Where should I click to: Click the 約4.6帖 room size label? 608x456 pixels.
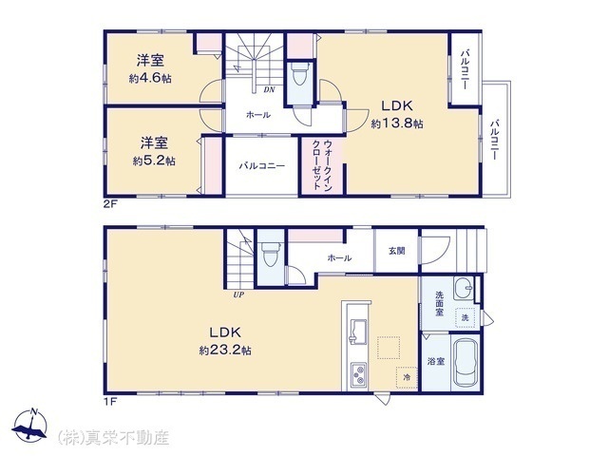(x=150, y=79)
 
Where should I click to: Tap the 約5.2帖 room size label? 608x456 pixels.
(x=154, y=161)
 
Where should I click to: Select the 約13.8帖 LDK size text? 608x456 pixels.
(x=397, y=123)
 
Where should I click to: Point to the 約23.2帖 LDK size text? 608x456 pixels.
(x=225, y=351)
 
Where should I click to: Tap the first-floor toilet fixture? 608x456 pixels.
(x=270, y=254)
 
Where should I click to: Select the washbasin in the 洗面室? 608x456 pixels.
(x=464, y=288)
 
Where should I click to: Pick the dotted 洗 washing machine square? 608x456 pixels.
(x=465, y=317)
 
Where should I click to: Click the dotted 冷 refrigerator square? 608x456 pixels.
(x=407, y=377)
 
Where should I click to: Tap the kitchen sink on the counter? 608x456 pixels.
(x=358, y=331)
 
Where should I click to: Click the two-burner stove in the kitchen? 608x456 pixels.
(x=359, y=373)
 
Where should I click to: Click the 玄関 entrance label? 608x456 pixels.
(x=397, y=251)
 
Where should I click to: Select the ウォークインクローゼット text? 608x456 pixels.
(x=322, y=164)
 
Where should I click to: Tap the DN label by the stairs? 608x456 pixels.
(x=269, y=89)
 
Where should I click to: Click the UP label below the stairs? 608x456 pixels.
(x=238, y=294)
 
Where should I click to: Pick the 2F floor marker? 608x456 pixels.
(x=110, y=204)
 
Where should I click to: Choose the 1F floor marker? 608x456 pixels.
(x=110, y=401)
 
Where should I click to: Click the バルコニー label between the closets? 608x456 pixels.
(x=262, y=166)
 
